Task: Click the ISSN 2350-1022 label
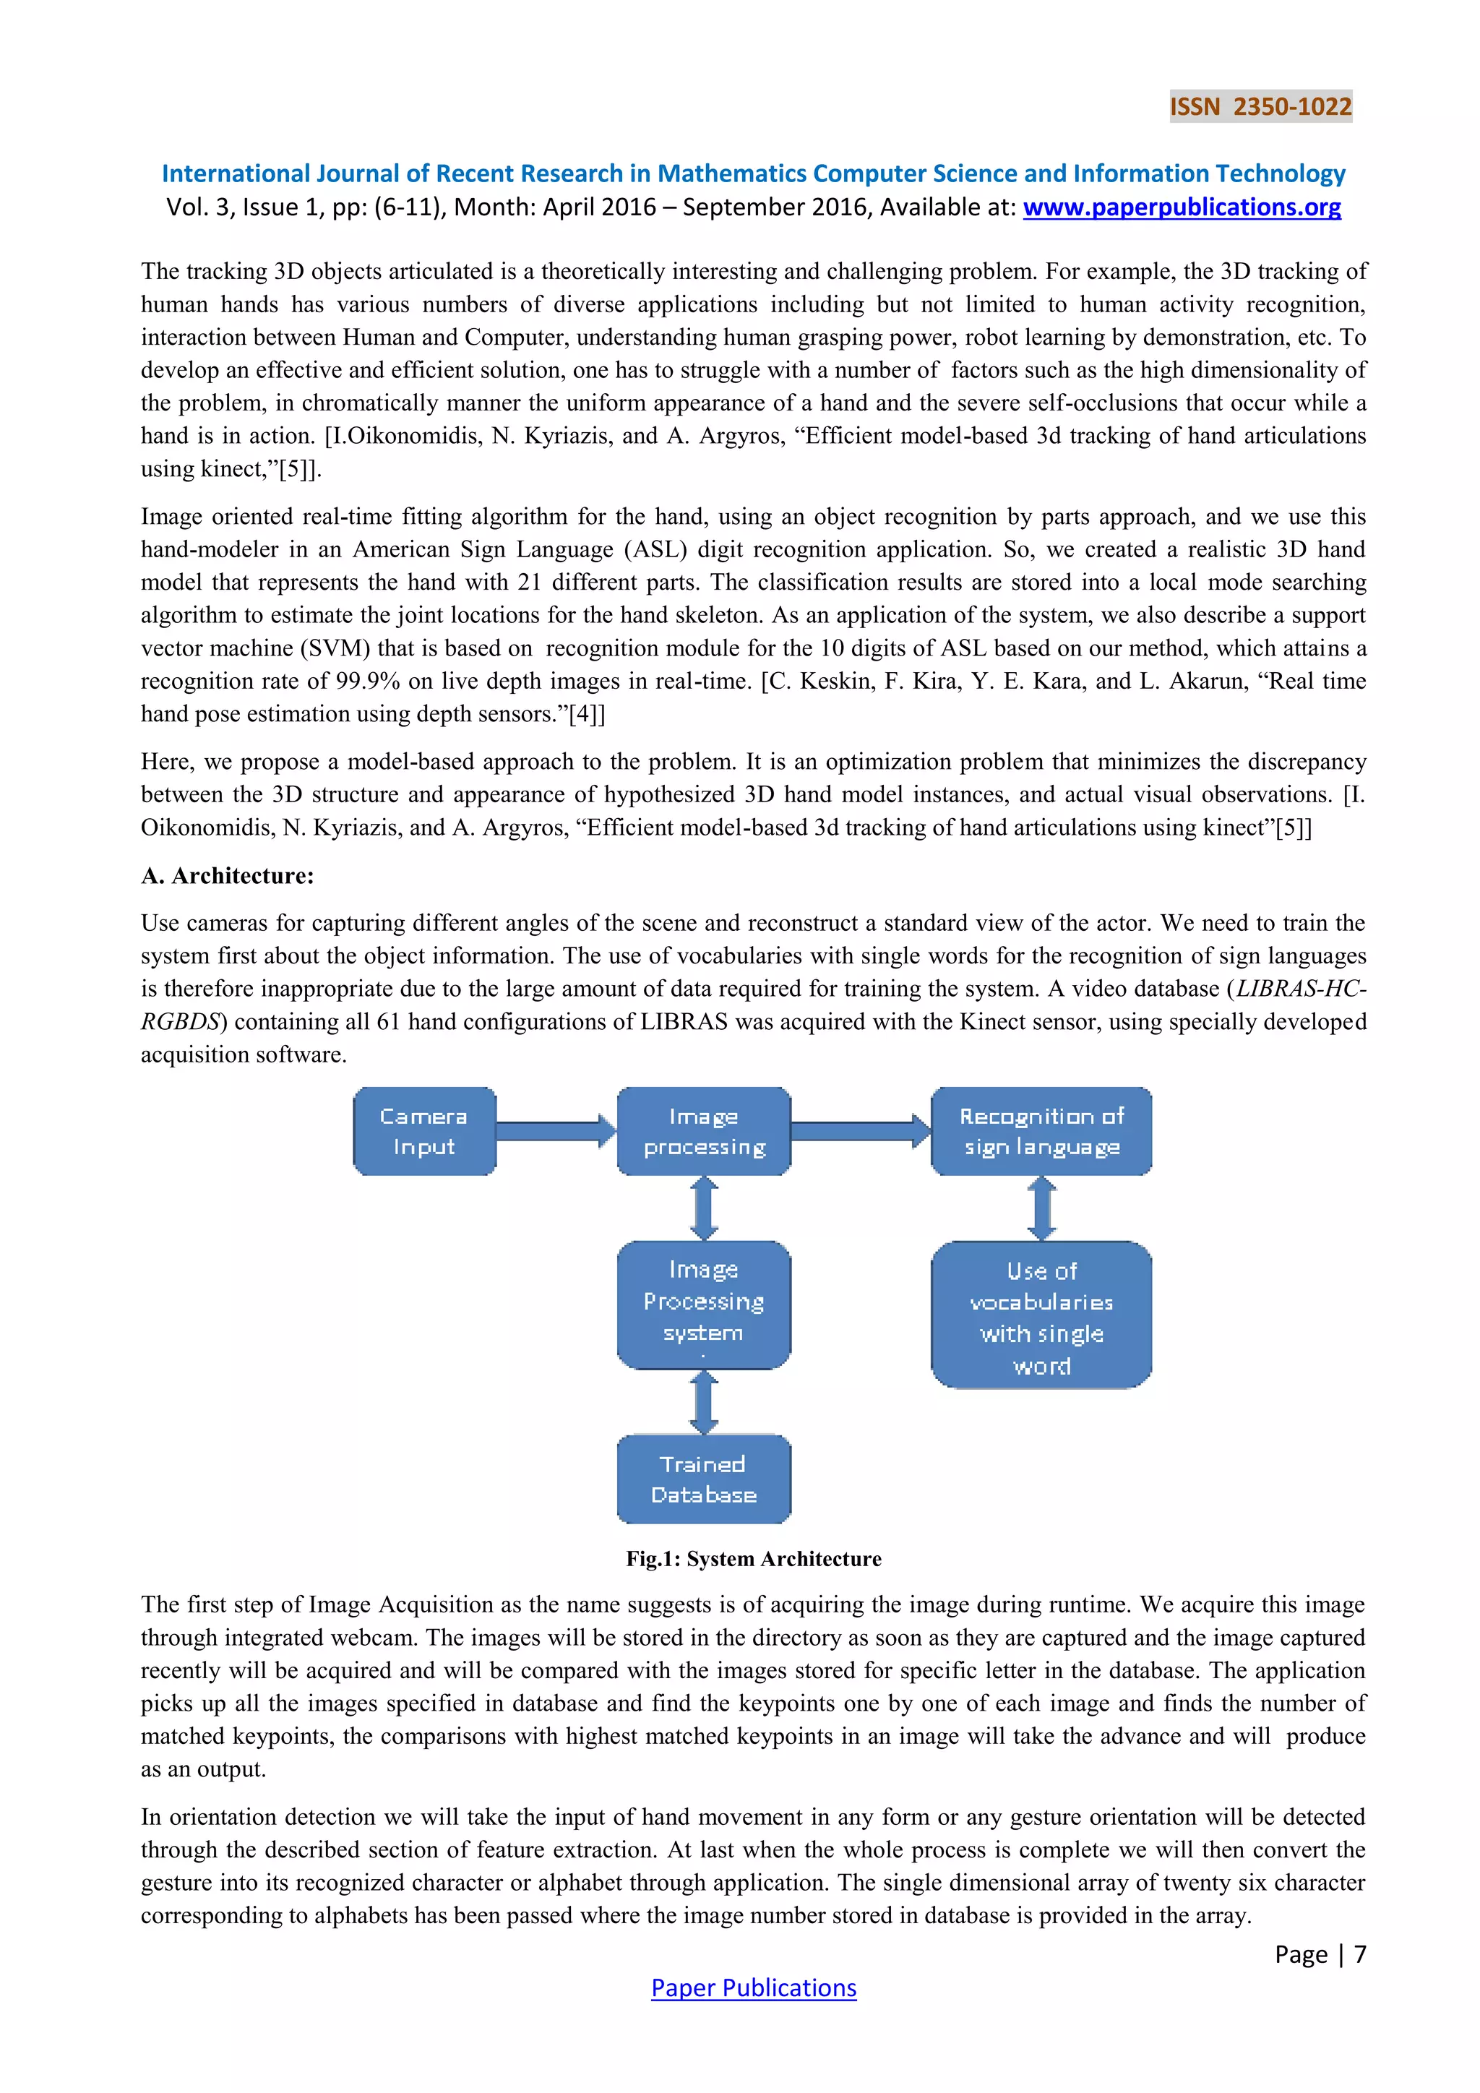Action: coord(1260,107)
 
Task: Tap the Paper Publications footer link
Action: coord(753,1987)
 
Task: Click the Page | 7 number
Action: coord(1320,1954)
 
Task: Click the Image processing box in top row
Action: coord(704,1131)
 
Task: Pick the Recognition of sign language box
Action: coord(1041,1131)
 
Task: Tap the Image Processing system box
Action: coord(704,1304)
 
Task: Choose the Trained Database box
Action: coord(704,1479)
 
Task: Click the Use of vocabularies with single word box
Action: coord(1041,1315)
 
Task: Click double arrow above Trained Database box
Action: coord(704,1402)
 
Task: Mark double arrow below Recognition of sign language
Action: coord(1041,1208)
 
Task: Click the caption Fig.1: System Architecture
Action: coord(753,1558)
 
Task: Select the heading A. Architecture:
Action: coord(227,875)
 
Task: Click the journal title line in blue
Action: coord(753,173)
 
